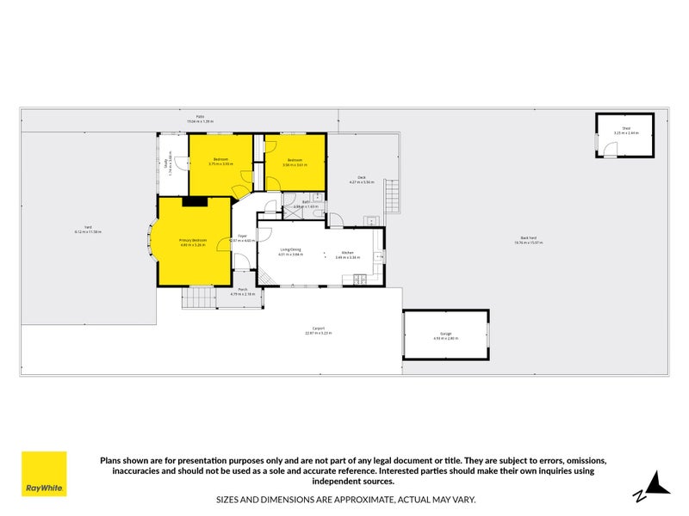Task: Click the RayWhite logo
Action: click(44, 474)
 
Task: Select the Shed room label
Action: click(627, 130)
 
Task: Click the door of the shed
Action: click(610, 150)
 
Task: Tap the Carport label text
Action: click(319, 329)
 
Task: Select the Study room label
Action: click(166, 163)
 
